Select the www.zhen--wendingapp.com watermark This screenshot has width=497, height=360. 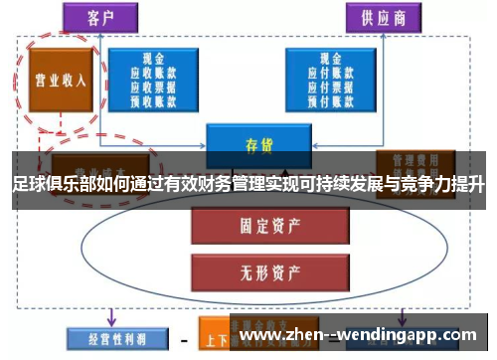[x=360, y=336]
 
